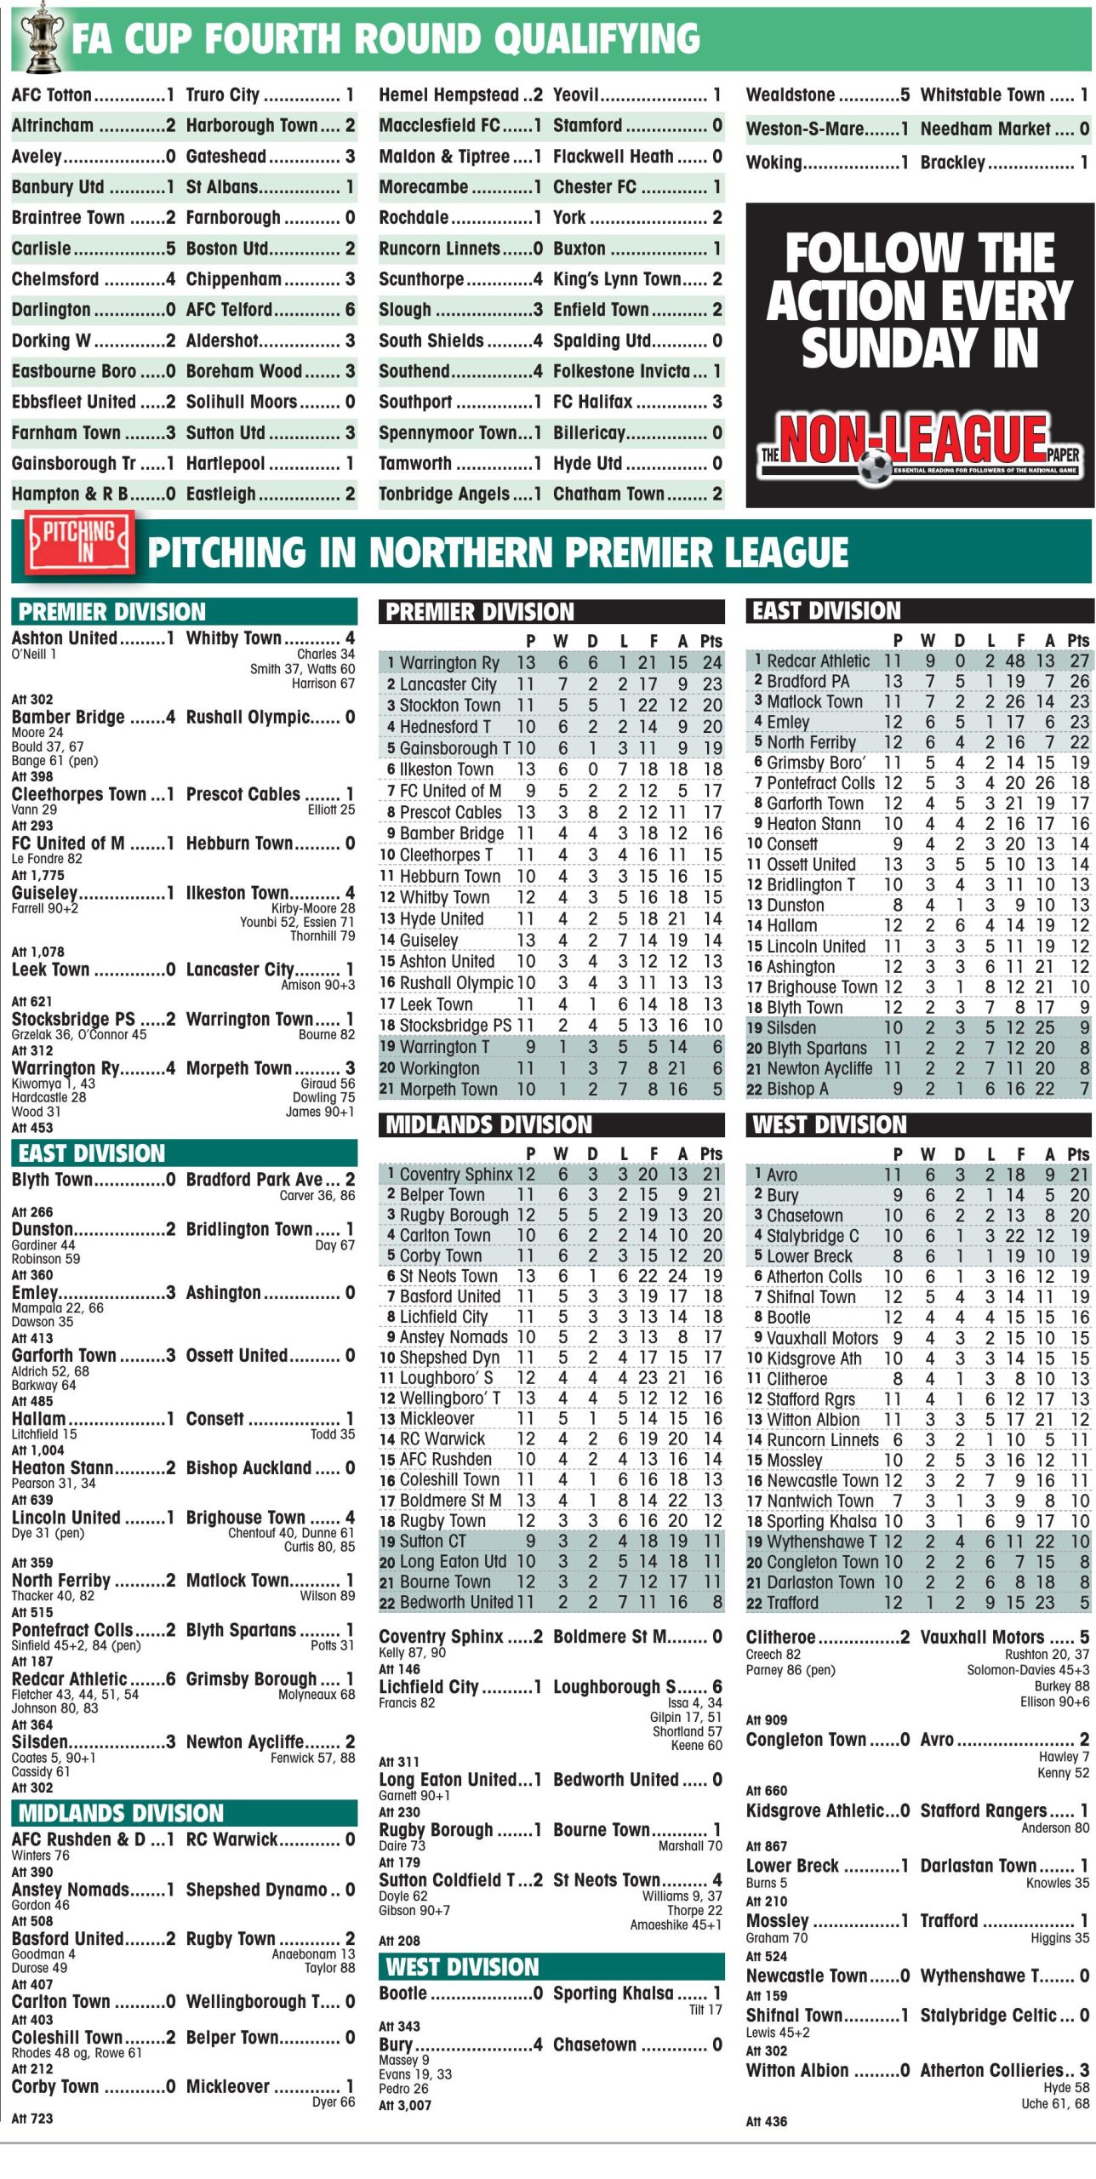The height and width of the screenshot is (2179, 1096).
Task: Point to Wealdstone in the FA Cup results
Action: coord(791,94)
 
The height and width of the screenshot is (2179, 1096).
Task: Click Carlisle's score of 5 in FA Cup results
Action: coord(170,249)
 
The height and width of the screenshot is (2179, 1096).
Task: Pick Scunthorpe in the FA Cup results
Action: coord(421,279)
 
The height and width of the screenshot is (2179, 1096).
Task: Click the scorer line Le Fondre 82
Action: coord(47,859)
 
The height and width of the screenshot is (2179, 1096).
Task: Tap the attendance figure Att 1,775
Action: coord(37,875)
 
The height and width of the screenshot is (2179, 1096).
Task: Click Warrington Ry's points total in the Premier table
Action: coord(712,662)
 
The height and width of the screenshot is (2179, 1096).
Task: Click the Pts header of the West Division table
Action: coord(1078,1154)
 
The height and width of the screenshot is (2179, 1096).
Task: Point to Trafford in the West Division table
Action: coord(792,1603)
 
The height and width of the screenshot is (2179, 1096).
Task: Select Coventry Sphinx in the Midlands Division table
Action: coord(456,1175)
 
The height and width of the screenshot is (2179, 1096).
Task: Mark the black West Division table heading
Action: coord(829,1125)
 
